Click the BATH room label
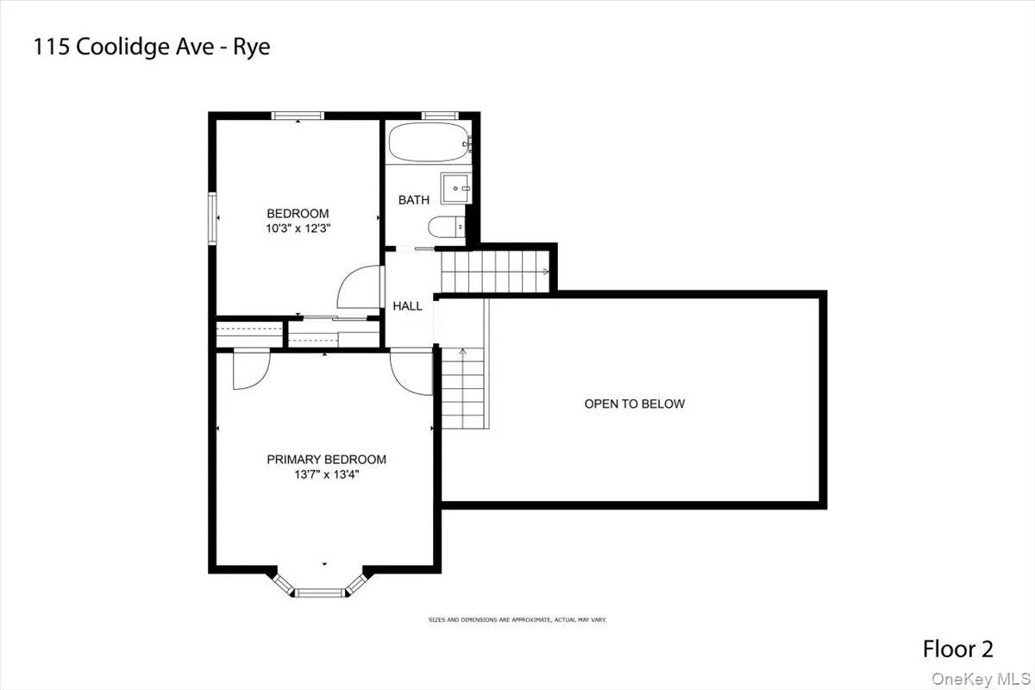(x=414, y=200)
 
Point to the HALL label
(x=408, y=306)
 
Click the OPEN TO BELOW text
(x=634, y=404)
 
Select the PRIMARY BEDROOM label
(x=326, y=460)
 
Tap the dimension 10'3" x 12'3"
(x=298, y=229)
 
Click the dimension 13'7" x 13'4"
(x=326, y=474)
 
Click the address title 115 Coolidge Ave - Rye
(x=151, y=47)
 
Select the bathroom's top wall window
(x=441, y=115)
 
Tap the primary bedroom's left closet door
(x=252, y=368)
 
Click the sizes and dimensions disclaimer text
(x=517, y=619)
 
